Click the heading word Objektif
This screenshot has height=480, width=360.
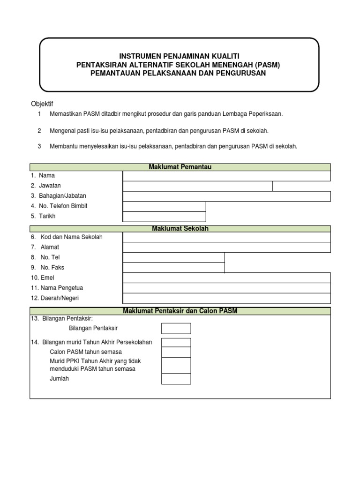tap(42, 104)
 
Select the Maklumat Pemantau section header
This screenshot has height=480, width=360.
tap(180, 167)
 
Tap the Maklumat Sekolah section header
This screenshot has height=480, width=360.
tap(180, 229)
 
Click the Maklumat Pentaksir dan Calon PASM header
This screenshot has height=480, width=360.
tap(180, 311)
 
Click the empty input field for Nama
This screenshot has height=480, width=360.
tap(226, 176)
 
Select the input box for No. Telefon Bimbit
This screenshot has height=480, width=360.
tap(164, 206)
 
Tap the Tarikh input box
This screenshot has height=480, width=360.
tap(164, 217)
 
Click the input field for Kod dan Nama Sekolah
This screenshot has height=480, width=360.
tap(226, 237)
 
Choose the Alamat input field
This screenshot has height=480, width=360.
tap(226, 247)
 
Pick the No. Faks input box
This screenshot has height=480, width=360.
tap(173, 268)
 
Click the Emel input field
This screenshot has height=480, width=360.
tap(226, 278)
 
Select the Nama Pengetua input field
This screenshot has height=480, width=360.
tap(226, 288)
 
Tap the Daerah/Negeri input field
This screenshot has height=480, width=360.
tap(226, 299)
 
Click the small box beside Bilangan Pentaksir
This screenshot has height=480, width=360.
tap(176, 328)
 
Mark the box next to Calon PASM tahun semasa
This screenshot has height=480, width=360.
tap(176, 352)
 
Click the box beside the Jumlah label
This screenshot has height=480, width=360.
tap(176, 379)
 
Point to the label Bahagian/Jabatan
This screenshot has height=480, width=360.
tap(63, 196)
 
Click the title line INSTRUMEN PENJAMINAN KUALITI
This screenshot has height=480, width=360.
tap(180, 56)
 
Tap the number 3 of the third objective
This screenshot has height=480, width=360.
tap(39, 146)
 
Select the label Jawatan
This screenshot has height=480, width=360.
tap(51, 186)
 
